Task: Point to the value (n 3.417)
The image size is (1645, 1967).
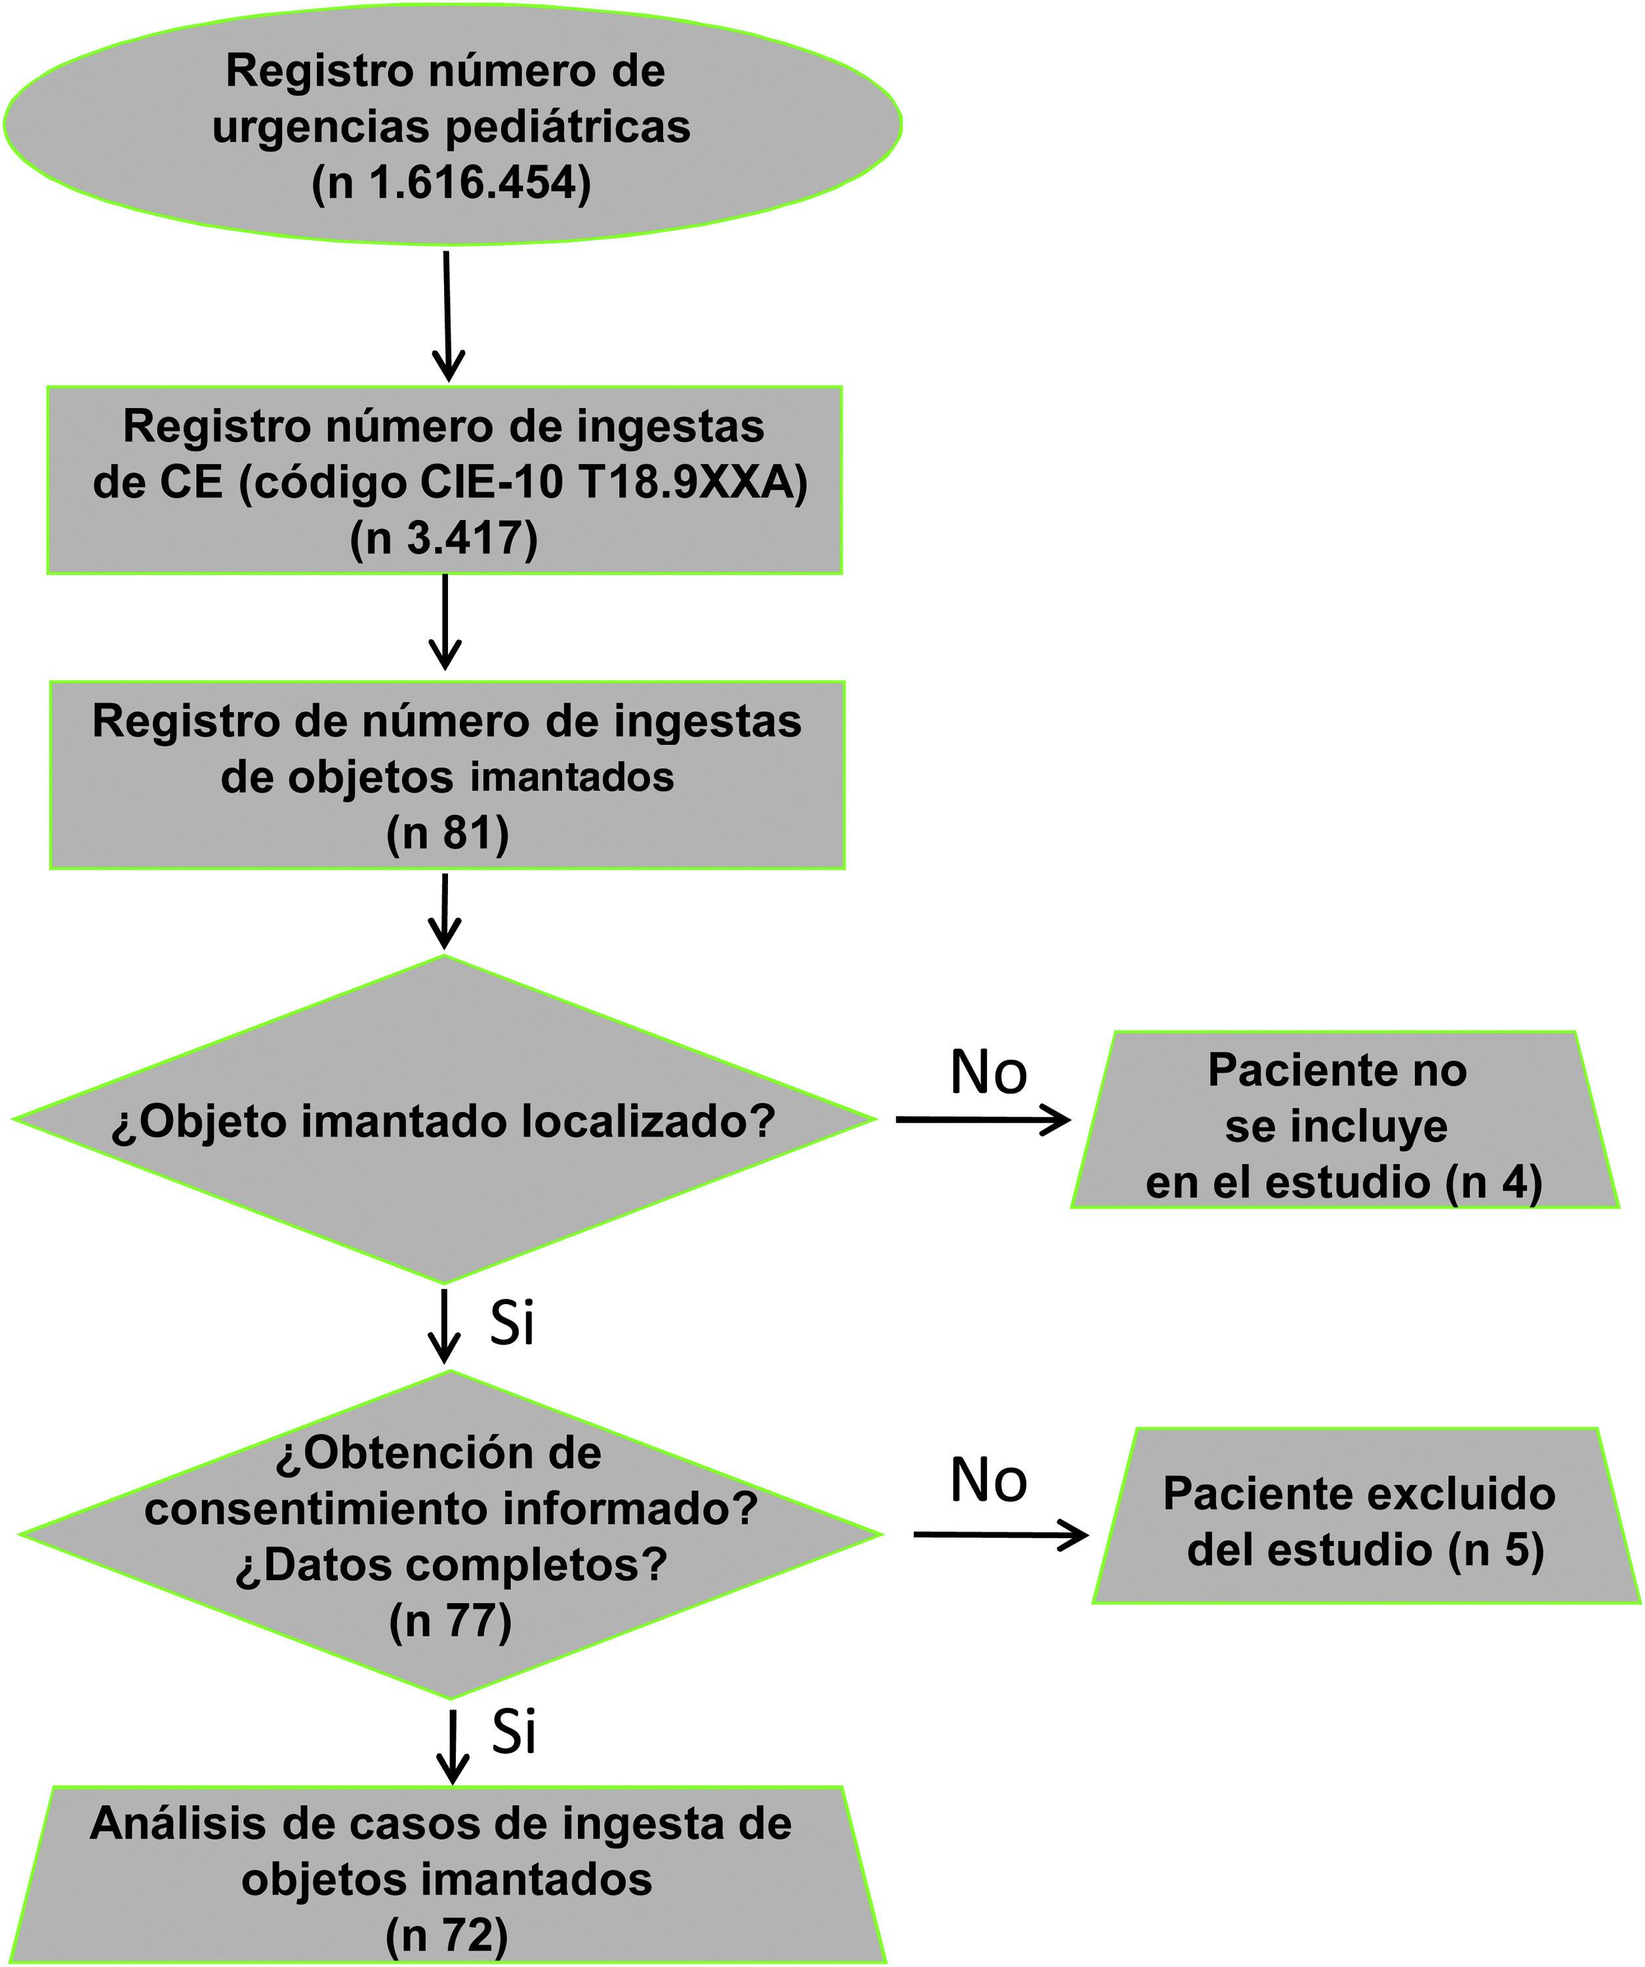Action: point(444,540)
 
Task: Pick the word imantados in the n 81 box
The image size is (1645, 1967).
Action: point(571,778)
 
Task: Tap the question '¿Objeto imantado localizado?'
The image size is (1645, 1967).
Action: point(444,1122)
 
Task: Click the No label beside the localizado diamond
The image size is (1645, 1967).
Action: point(988,1073)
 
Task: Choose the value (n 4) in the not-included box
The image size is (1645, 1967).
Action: point(1493,1182)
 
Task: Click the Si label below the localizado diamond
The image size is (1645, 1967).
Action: point(512,1324)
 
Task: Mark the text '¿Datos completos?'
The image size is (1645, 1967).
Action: point(451,1565)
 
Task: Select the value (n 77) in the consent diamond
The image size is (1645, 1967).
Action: point(451,1621)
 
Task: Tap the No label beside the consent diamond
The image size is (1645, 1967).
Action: point(988,1481)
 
